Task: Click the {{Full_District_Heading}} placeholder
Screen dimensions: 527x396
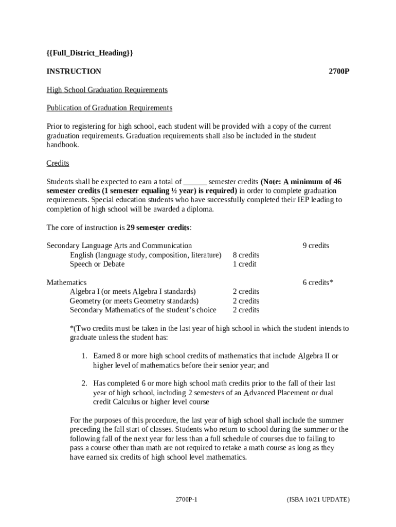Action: coord(89,53)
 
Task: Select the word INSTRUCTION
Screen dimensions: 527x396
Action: coord(74,72)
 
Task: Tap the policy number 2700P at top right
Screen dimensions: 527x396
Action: coord(339,72)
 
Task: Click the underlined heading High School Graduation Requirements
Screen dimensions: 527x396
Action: coord(107,90)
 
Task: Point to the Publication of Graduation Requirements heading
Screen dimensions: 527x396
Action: coord(110,108)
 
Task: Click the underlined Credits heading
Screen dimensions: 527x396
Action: coord(58,163)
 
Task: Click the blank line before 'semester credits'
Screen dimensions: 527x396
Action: coord(195,182)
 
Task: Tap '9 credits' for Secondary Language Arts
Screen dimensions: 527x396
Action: coord(316,246)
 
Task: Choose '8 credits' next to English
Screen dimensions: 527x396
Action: coord(246,255)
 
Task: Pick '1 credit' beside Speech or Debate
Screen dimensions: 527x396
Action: coord(244,265)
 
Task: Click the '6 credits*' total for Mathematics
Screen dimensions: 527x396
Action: coord(318,283)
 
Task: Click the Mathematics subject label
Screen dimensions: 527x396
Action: coord(66,283)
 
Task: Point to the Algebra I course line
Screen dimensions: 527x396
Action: coord(133,292)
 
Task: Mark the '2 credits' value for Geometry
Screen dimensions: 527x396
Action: coord(246,301)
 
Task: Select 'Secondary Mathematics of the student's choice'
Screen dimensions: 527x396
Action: coord(143,310)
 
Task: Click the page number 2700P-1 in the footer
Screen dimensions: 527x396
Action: coord(187,500)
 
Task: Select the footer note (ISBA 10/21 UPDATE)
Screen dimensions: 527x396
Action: coord(318,500)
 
